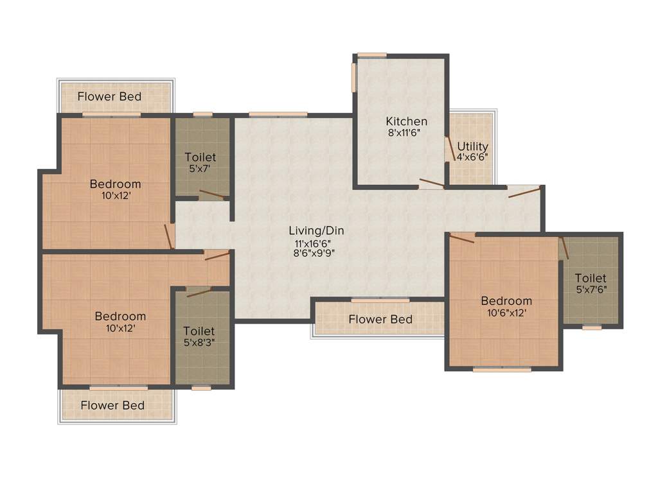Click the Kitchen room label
pos(406,121)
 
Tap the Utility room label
pos(472,146)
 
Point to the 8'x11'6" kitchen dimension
pos(406,134)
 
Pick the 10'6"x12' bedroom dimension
pos(506,313)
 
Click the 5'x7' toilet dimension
pos(200,169)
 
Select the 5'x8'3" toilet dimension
pos(199,342)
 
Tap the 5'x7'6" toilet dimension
pos(591,290)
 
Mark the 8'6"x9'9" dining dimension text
pos(315,253)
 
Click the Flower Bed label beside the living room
pos(380,319)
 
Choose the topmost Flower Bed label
pos(109,97)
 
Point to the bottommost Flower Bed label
pos(112,406)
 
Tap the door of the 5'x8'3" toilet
pos(199,292)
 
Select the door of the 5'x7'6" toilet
pos(564,248)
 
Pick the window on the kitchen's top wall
pos(371,55)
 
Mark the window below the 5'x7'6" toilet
pos(592,327)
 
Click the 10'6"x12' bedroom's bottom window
pos(502,370)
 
